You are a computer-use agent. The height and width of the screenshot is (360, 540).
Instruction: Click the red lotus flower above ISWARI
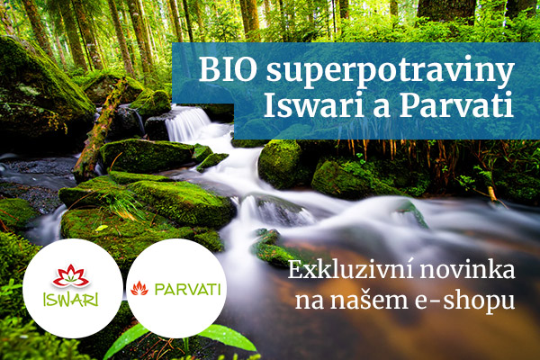click(71, 276)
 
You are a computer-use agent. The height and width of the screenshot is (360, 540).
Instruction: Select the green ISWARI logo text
click(71, 299)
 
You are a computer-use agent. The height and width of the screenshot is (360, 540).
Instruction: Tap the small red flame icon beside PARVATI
click(139, 288)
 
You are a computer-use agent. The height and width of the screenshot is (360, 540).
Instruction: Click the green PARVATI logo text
click(188, 290)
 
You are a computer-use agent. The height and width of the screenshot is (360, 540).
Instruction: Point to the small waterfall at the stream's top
click(187, 123)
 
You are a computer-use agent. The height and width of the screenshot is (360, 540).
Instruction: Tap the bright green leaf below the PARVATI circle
click(228, 337)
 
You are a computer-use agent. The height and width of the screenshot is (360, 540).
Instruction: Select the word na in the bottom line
click(309, 301)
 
